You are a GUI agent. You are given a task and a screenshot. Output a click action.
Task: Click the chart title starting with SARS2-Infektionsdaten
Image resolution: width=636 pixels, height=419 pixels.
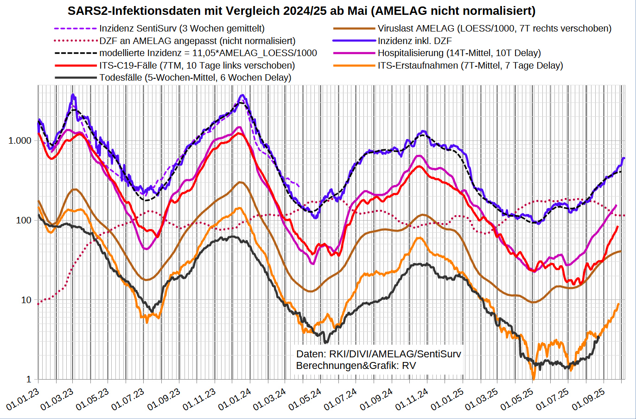tap(301, 11)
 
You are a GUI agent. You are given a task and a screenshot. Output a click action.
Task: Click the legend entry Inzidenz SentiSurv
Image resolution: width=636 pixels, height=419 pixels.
tap(182, 29)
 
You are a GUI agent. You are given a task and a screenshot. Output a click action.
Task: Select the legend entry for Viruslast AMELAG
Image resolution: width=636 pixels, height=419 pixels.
tap(494, 29)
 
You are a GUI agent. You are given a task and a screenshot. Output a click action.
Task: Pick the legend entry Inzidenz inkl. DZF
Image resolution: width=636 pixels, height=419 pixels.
tap(414, 41)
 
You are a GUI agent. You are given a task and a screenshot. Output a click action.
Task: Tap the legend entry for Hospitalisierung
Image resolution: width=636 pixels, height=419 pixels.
tap(459, 53)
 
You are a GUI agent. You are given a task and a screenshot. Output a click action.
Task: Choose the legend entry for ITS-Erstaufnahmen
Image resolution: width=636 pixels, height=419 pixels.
tap(470, 65)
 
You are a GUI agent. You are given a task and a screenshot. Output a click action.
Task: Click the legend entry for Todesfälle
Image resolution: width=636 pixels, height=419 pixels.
tap(195, 77)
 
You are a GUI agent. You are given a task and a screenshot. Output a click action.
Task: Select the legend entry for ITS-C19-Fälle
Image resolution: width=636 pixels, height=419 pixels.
tap(197, 65)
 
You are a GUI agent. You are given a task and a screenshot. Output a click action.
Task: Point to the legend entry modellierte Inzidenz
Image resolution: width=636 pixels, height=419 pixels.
tap(208, 53)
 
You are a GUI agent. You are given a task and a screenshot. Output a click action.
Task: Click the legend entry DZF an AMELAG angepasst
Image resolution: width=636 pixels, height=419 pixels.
tap(197, 41)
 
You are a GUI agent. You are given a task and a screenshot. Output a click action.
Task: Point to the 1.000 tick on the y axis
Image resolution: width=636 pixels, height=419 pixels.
tap(20, 141)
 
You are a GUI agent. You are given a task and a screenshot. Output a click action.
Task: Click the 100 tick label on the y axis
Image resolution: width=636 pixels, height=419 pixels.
tap(24, 221)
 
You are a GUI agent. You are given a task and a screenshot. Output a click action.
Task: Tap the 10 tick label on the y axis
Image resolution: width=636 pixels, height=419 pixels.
tap(26, 300)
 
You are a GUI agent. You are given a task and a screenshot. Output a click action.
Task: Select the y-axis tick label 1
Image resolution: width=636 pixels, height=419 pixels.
tap(29, 380)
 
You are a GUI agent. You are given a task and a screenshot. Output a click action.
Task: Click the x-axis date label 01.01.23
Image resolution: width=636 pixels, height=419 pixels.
tap(23, 399)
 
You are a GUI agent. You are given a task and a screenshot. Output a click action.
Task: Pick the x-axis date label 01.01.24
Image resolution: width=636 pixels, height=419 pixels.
tap(235, 399)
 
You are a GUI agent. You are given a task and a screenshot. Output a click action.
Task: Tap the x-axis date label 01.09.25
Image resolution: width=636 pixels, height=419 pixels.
tap(588, 399)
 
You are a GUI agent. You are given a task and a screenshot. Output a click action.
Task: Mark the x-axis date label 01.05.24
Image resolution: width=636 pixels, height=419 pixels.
tap(305, 399)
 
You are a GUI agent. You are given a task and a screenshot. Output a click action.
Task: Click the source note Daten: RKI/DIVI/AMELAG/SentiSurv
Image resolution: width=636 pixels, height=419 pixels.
tap(379, 354)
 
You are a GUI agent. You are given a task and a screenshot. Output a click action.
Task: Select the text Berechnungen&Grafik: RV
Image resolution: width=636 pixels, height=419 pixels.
tap(356, 366)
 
